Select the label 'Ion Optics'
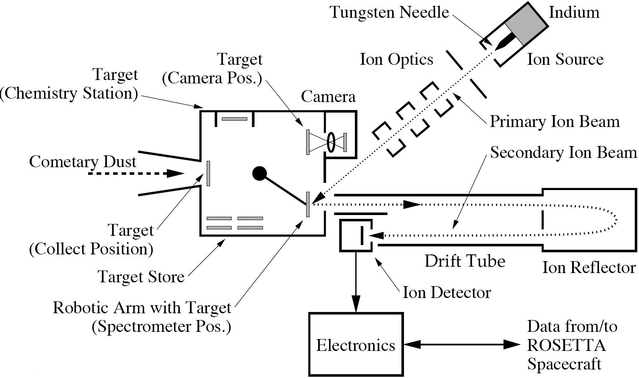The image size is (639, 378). coord(396,60)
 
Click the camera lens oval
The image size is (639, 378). coord(331,142)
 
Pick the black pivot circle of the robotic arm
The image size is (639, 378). coord(260,173)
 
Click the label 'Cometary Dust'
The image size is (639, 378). coord(83,162)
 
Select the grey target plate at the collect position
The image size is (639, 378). coord(208,173)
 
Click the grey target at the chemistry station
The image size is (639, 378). coord(235,119)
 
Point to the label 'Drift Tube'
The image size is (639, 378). coord(465,261)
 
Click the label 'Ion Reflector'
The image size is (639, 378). coord(589,268)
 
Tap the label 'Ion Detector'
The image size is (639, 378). coord(446,292)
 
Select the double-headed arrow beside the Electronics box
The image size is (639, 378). coord(462,345)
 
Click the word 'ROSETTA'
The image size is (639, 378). coord(566,345)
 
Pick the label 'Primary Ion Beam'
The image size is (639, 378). coord(555,122)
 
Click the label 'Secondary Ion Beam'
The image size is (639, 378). coord(563,152)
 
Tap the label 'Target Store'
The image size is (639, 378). coord(141,277)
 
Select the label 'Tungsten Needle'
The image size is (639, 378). coord(390,12)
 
